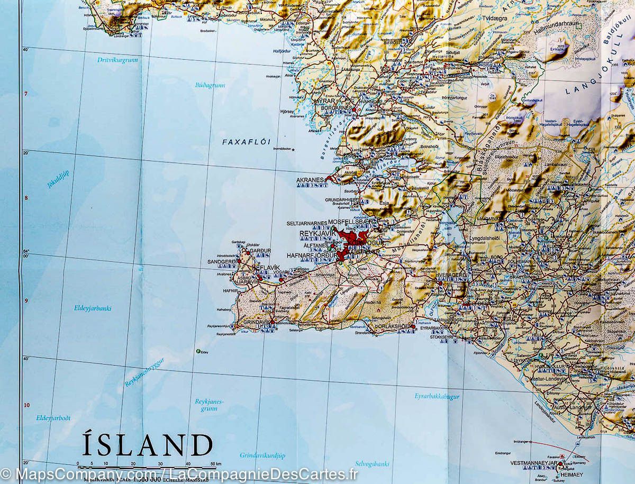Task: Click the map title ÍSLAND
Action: point(147,445)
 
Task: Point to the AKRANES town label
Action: point(310,180)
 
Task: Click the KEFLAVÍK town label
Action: point(267,268)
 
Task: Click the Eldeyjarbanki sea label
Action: point(93,308)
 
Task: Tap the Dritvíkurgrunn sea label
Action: point(117,60)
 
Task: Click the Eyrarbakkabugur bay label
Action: point(437,396)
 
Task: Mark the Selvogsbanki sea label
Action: point(372,464)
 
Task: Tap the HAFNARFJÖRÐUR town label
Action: point(311,255)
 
